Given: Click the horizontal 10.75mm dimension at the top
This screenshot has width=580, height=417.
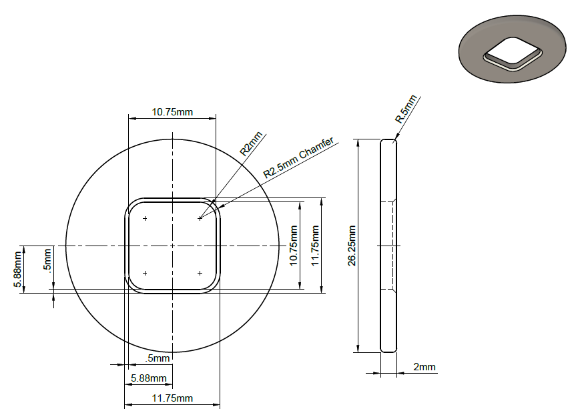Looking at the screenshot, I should point(172,112).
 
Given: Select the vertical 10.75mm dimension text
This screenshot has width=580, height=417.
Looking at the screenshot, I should point(293,246).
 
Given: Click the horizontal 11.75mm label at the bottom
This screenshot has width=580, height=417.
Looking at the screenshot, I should point(172,398).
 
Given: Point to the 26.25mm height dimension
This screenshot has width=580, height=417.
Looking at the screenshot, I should point(352,246).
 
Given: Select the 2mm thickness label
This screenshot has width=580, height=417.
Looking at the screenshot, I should point(424,367).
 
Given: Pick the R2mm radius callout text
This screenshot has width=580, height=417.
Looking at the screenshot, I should point(252,143).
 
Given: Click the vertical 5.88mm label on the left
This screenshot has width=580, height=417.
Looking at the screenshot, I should point(17,270).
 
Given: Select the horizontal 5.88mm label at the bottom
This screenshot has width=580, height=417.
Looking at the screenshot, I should point(149,378).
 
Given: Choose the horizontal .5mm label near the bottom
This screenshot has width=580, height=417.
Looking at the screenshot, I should point(158,358).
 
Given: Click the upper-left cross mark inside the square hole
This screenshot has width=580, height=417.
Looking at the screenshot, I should point(145,218).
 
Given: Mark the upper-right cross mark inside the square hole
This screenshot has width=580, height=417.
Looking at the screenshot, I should point(200,218).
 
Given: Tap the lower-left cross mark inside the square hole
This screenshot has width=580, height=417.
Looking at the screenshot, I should point(145,273).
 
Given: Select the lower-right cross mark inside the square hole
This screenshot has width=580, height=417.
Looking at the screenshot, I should point(200,273).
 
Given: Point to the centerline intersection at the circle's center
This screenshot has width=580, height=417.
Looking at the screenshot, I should point(172,246).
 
